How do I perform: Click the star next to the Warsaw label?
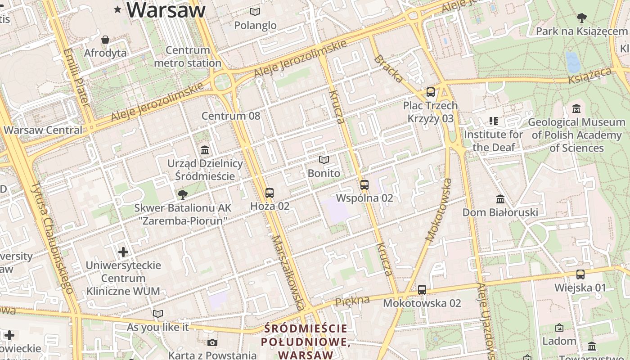pyautogui.click(x=118, y=9)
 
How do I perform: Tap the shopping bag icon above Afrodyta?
pyautogui.click(x=105, y=40)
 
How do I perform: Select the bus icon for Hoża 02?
pyautogui.click(x=270, y=193)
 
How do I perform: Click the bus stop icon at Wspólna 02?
pyautogui.click(x=364, y=185)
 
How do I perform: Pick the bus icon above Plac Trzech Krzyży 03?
pyautogui.click(x=431, y=92)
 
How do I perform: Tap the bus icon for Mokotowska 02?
pyautogui.click(x=422, y=290)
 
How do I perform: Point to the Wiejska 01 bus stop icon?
pyautogui.click(x=580, y=274)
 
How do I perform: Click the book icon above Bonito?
pyautogui.click(x=324, y=160)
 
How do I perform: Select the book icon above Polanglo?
pyautogui.click(x=255, y=12)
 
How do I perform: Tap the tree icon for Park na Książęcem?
pyautogui.click(x=581, y=18)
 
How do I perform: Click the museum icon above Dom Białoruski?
pyautogui.click(x=500, y=199)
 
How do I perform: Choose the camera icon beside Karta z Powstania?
pyautogui.click(x=213, y=342)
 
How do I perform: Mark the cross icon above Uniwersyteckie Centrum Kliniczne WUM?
pyautogui.click(x=123, y=252)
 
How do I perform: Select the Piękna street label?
pyautogui.click(x=352, y=301)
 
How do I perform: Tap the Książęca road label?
pyautogui.click(x=590, y=76)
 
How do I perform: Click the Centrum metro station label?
pyautogui.click(x=188, y=57)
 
